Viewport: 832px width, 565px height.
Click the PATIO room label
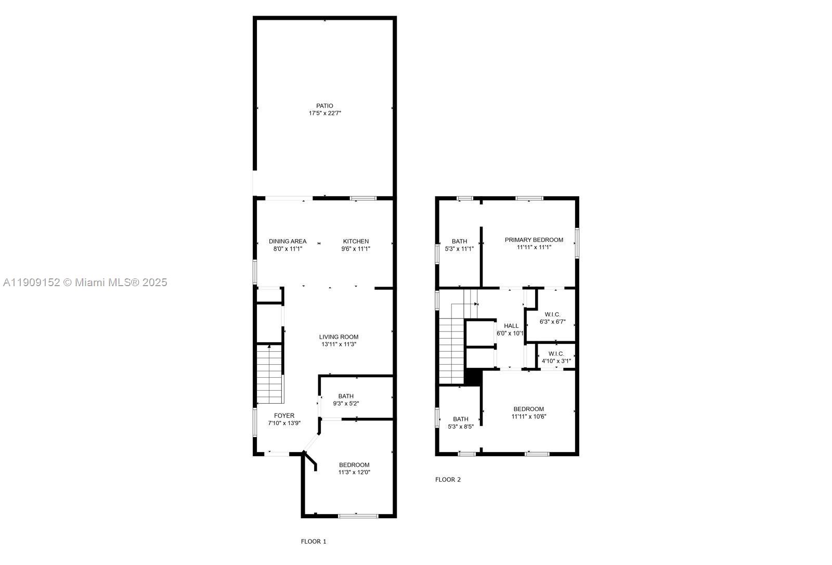pyautogui.click(x=324, y=106)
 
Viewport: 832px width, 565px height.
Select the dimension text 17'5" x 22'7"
pyautogui.click(x=324, y=113)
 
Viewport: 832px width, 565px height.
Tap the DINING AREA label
pyautogui.click(x=288, y=241)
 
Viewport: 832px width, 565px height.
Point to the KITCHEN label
pyautogui.click(x=356, y=241)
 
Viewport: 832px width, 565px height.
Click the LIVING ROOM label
pyautogui.click(x=339, y=337)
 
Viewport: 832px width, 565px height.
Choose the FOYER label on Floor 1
pyautogui.click(x=284, y=416)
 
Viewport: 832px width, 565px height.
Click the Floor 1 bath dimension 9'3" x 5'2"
pyautogui.click(x=346, y=403)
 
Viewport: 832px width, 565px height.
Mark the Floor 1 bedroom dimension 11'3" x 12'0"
pyautogui.click(x=354, y=472)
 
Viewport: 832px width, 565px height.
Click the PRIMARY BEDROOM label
pyautogui.click(x=534, y=240)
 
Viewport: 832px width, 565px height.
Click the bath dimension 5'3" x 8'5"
pyautogui.click(x=460, y=427)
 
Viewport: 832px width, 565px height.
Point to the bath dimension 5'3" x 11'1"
pyautogui.click(x=459, y=249)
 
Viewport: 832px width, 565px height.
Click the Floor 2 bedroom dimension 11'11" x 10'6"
pyautogui.click(x=528, y=416)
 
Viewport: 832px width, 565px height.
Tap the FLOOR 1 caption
pyautogui.click(x=314, y=542)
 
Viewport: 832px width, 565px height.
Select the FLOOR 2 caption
pyautogui.click(x=448, y=480)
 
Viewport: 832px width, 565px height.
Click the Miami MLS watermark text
pyautogui.click(x=85, y=282)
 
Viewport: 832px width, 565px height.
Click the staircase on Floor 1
pyautogui.click(x=269, y=375)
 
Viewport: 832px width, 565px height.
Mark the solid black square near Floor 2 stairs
pyautogui.click(x=473, y=377)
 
